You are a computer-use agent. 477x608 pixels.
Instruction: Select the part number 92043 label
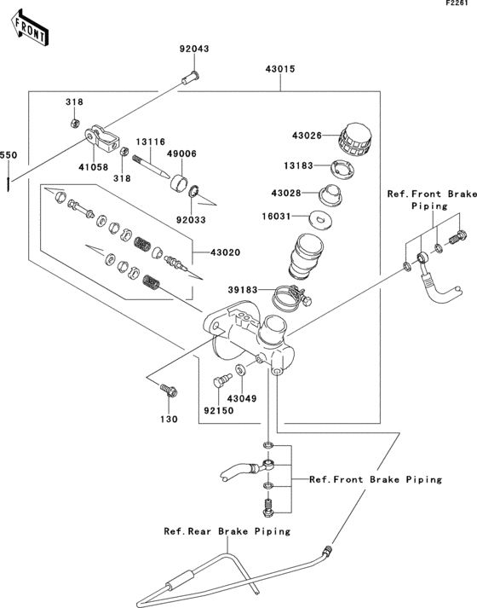coord(193,49)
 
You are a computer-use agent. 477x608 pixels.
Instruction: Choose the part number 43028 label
coord(307,194)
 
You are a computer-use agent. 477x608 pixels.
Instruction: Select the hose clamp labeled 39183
coord(290,296)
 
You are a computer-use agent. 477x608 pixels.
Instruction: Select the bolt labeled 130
coord(167,391)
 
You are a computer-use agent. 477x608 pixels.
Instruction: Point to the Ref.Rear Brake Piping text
coord(227,530)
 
